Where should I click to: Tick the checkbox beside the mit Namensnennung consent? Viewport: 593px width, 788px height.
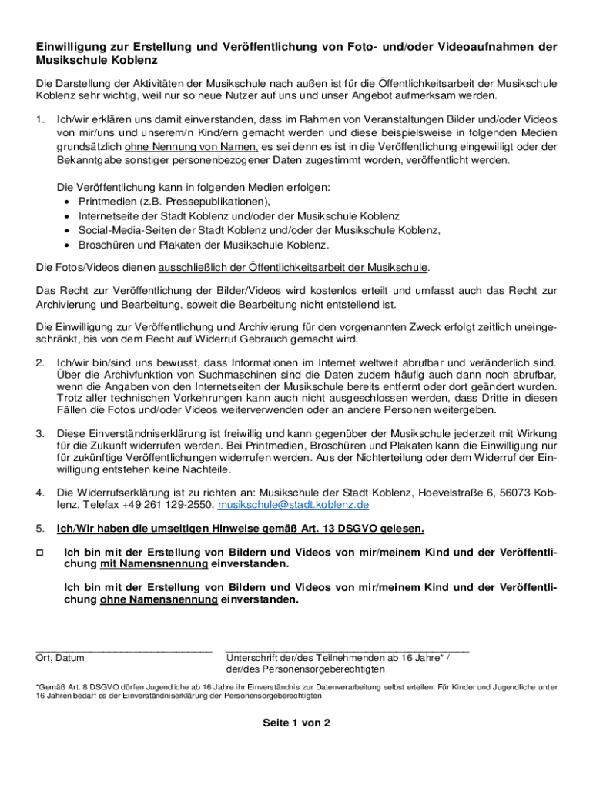(x=40, y=553)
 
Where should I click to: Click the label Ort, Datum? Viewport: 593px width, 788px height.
(x=60, y=658)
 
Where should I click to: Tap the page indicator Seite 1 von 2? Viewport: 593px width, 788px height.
(x=296, y=723)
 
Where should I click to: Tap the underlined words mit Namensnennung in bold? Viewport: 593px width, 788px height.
(x=153, y=563)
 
